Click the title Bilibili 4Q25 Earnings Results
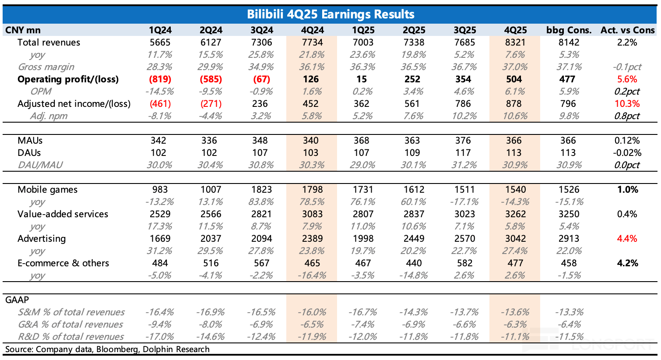click(x=330, y=14)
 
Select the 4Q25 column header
click(x=515, y=30)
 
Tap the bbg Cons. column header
click(x=569, y=30)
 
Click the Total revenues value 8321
click(x=515, y=42)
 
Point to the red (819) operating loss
click(x=160, y=79)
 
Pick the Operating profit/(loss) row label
click(x=68, y=79)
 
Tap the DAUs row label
click(x=29, y=153)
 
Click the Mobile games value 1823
click(x=261, y=189)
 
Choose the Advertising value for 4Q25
click(x=515, y=238)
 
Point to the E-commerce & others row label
click(x=63, y=263)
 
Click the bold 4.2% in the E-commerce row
click(x=627, y=263)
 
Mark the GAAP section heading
click(x=17, y=300)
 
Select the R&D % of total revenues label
click(x=71, y=337)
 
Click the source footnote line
click(x=107, y=349)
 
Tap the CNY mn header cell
click(x=23, y=30)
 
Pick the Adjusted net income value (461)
click(x=160, y=104)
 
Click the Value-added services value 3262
click(x=515, y=214)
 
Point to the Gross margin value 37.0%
click(x=515, y=67)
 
